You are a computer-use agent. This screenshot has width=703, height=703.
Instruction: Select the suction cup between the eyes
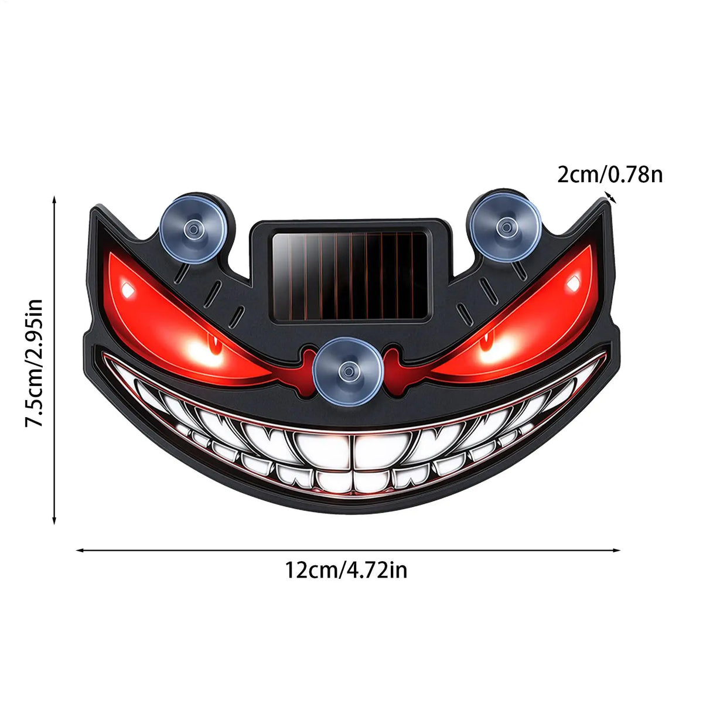[x=349, y=371]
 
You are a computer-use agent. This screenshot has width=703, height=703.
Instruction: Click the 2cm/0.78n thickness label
[x=610, y=175]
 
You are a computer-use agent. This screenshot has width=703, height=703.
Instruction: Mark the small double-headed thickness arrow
[x=610, y=197]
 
